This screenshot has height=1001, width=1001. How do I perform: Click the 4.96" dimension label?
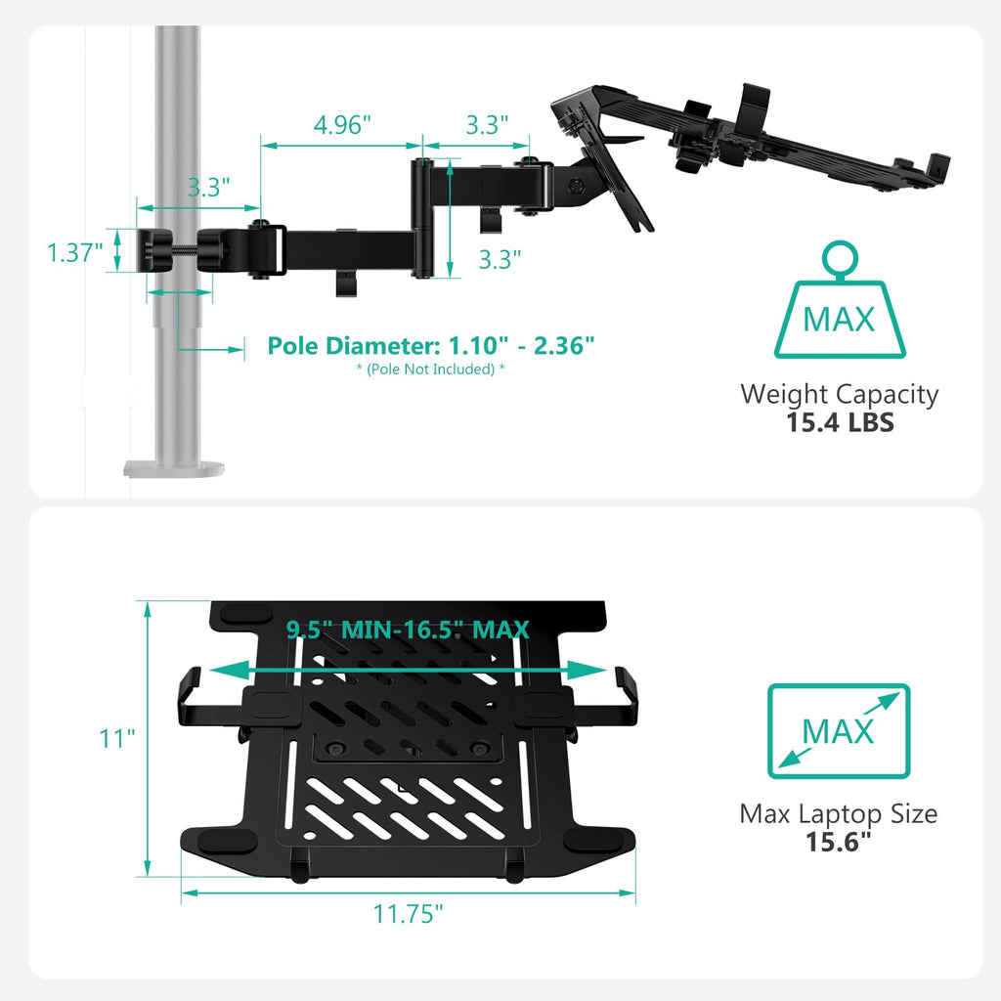click(343, 125)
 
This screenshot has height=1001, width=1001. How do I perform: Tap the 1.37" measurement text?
click(75, 253)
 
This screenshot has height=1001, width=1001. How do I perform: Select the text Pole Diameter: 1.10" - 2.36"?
click(431, 346)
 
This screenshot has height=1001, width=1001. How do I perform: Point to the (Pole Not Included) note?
click(431, 370)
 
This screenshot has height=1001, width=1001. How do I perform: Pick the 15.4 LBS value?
click(840, 423)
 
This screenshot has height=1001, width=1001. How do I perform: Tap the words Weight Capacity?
click(839, 395)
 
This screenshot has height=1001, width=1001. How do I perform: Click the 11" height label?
click(115, 738)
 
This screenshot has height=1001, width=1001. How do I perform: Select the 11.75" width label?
click(409, 914)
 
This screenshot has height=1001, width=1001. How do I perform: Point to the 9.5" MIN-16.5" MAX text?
click(409, 630)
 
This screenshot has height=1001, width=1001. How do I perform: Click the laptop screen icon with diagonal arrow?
click(839, 730)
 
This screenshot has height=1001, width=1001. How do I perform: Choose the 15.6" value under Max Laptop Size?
click(839, 842)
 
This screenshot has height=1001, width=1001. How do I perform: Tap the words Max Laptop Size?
click(839, 813)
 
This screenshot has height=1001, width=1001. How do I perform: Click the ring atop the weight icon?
click(839, 260)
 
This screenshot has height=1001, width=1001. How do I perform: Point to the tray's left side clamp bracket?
click(192, 696)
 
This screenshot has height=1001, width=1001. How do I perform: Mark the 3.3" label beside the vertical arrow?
click(500, 258)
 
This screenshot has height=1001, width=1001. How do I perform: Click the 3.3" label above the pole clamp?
click(208, 188)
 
